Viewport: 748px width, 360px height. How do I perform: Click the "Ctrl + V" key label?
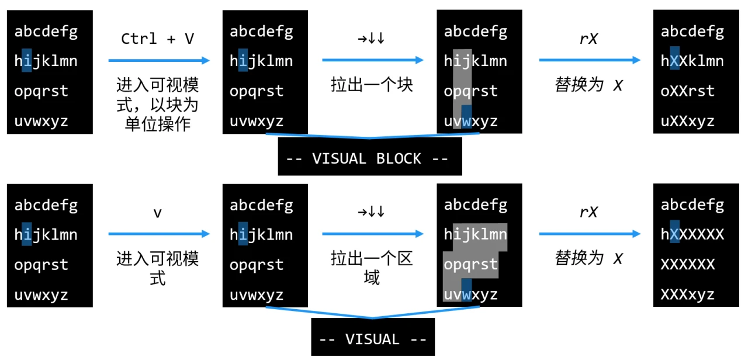157,39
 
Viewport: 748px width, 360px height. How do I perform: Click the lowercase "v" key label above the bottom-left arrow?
157,213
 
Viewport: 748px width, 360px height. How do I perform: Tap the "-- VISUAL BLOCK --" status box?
369,158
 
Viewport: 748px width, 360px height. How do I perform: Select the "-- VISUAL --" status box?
372,339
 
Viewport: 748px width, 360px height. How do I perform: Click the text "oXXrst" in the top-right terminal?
687,91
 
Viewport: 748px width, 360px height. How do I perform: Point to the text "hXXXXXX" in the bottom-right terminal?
692,235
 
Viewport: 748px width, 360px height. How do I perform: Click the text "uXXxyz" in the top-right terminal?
687,122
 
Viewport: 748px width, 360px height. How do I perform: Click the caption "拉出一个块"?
372,85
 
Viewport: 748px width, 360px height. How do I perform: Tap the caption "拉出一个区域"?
372,268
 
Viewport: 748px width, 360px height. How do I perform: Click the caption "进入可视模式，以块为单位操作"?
157,105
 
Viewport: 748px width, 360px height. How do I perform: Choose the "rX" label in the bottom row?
588,212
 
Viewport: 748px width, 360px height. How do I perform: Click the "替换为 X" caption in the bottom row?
588,258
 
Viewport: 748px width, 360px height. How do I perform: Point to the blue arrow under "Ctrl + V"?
158,60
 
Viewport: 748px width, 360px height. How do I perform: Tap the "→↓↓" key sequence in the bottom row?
372,212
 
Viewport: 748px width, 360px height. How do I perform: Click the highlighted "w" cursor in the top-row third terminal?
466,122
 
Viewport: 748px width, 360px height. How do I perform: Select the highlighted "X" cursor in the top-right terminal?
675,61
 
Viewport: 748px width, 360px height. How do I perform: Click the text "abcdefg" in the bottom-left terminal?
46,205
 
